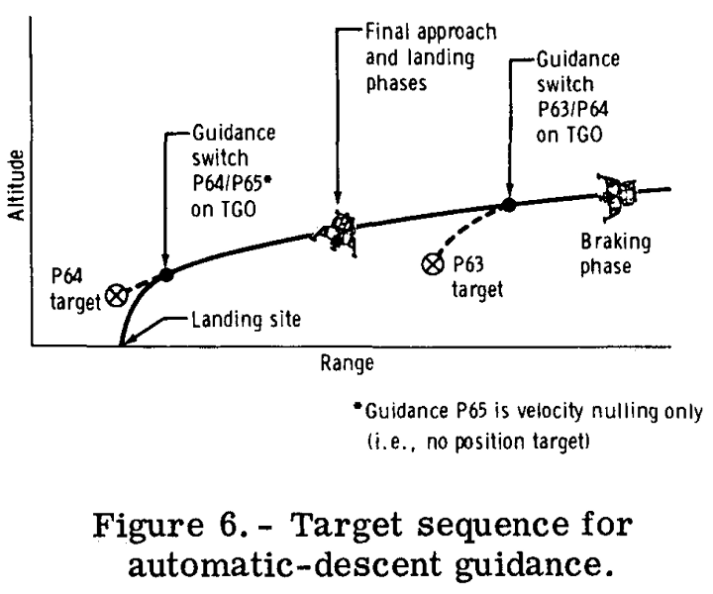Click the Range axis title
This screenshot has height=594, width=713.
pyautogui.click(x=346, y=363)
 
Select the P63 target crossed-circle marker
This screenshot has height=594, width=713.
pyautogui.click(x=432, y=264)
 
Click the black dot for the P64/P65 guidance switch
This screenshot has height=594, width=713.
pyautogui.click(x=165, y=274)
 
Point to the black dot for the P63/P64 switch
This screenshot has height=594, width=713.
pyautogui.click(x=508, y=205)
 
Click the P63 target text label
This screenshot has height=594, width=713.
pyautogui.click(x=472, y=276)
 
